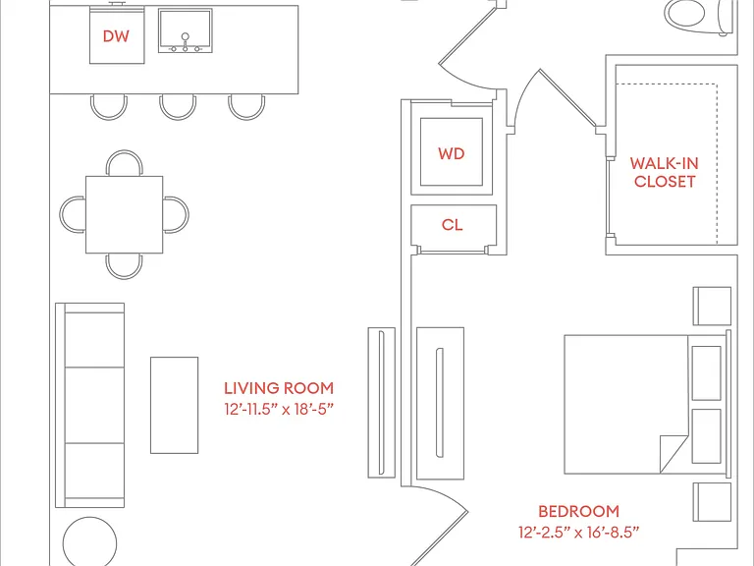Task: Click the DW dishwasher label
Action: click(116, 36)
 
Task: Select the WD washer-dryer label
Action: click(451, 153)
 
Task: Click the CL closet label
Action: click(452, 225)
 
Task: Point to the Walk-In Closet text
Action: click(664, 172)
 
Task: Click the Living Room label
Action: click(279, 388)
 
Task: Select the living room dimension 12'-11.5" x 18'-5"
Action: click(279, 410)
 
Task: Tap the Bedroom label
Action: click(578, 511)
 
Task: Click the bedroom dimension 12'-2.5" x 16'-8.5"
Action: click(578, 533)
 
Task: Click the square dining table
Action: click(124, 214)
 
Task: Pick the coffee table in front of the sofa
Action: click(174, 405)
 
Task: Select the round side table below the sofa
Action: click(90, 541)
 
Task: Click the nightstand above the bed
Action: click(712, 307)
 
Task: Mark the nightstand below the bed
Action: click(712, 502)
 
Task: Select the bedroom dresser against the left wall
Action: click(441, 403)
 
